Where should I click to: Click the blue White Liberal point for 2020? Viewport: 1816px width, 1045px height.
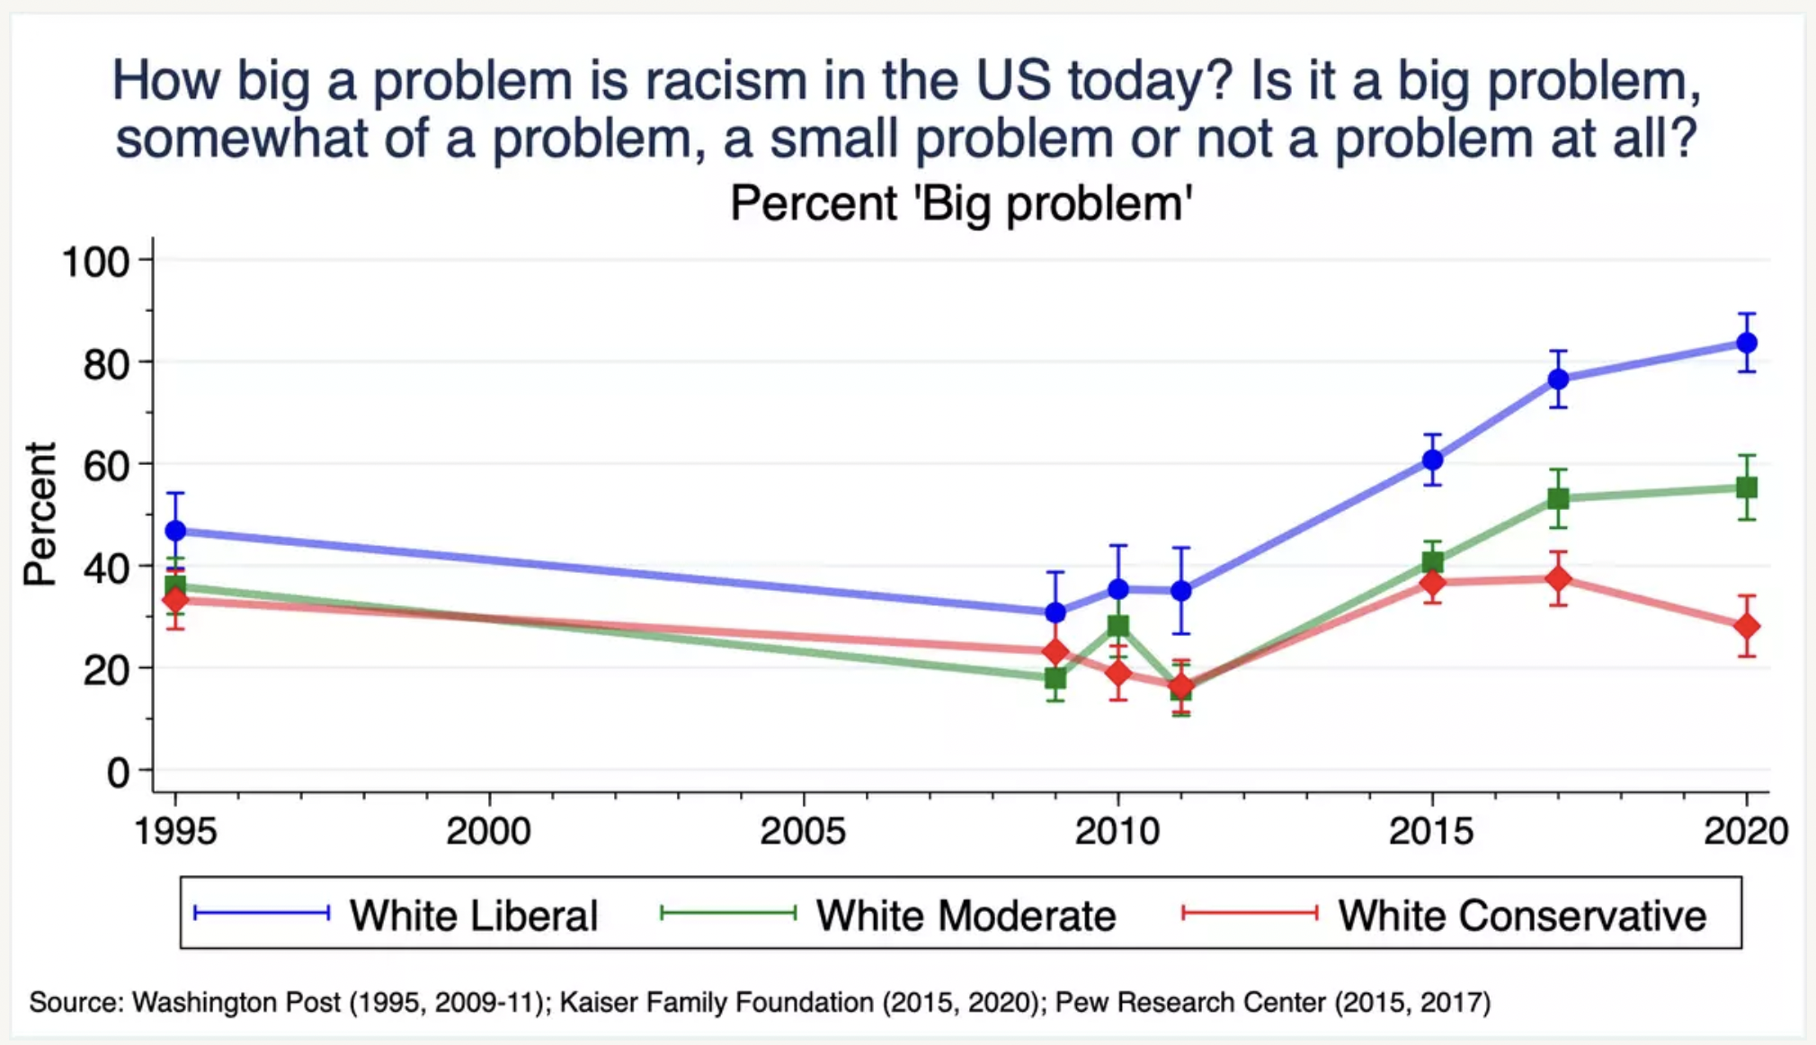click(x=1746, y=343)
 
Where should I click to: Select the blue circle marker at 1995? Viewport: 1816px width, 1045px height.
click(x=176, y=531)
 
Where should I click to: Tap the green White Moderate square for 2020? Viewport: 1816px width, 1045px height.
click(x=1746, y=487)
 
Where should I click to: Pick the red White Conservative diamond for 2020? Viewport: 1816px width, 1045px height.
click(x=1746, y=626)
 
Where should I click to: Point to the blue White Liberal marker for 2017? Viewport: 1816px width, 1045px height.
click(x=1558, y=379)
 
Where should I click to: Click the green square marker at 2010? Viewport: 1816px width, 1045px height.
click(x=1118, y=626)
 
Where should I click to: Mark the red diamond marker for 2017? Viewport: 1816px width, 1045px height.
click(x=1558, y=578)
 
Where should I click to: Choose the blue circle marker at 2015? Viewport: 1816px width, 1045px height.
click(x=1432, y=460)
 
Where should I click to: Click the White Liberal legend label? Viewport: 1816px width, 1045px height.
click(x=474, y=915)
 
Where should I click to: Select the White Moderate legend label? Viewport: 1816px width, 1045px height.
click(x=966, y=915)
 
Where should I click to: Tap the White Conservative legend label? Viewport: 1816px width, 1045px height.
click(x=1521, y=915)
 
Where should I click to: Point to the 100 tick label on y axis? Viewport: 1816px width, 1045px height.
click(x=95, y=262)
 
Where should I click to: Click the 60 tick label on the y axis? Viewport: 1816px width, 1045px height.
click(x=105, y=466)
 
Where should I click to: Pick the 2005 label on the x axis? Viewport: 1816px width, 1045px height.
click(x=803, y=830)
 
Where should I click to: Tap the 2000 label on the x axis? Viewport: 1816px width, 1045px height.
click(x=489, y=830)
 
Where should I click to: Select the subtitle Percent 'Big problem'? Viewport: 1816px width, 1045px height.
click(x=960, y=203)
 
